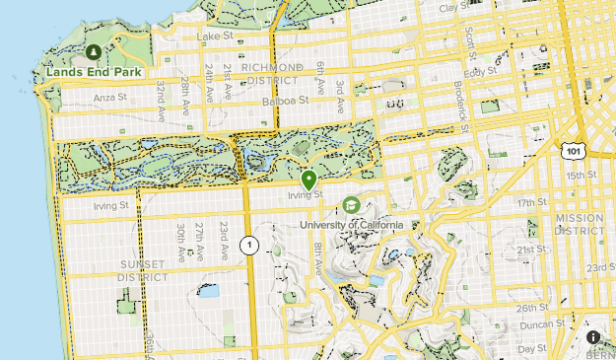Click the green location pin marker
(308, 180)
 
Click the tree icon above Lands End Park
(93, 51)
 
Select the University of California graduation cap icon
(350, 205)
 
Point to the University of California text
(352, 225)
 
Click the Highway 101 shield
(574, 151)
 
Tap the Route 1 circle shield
(251, 246)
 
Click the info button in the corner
(593, 337)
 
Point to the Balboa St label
(286, 101)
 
